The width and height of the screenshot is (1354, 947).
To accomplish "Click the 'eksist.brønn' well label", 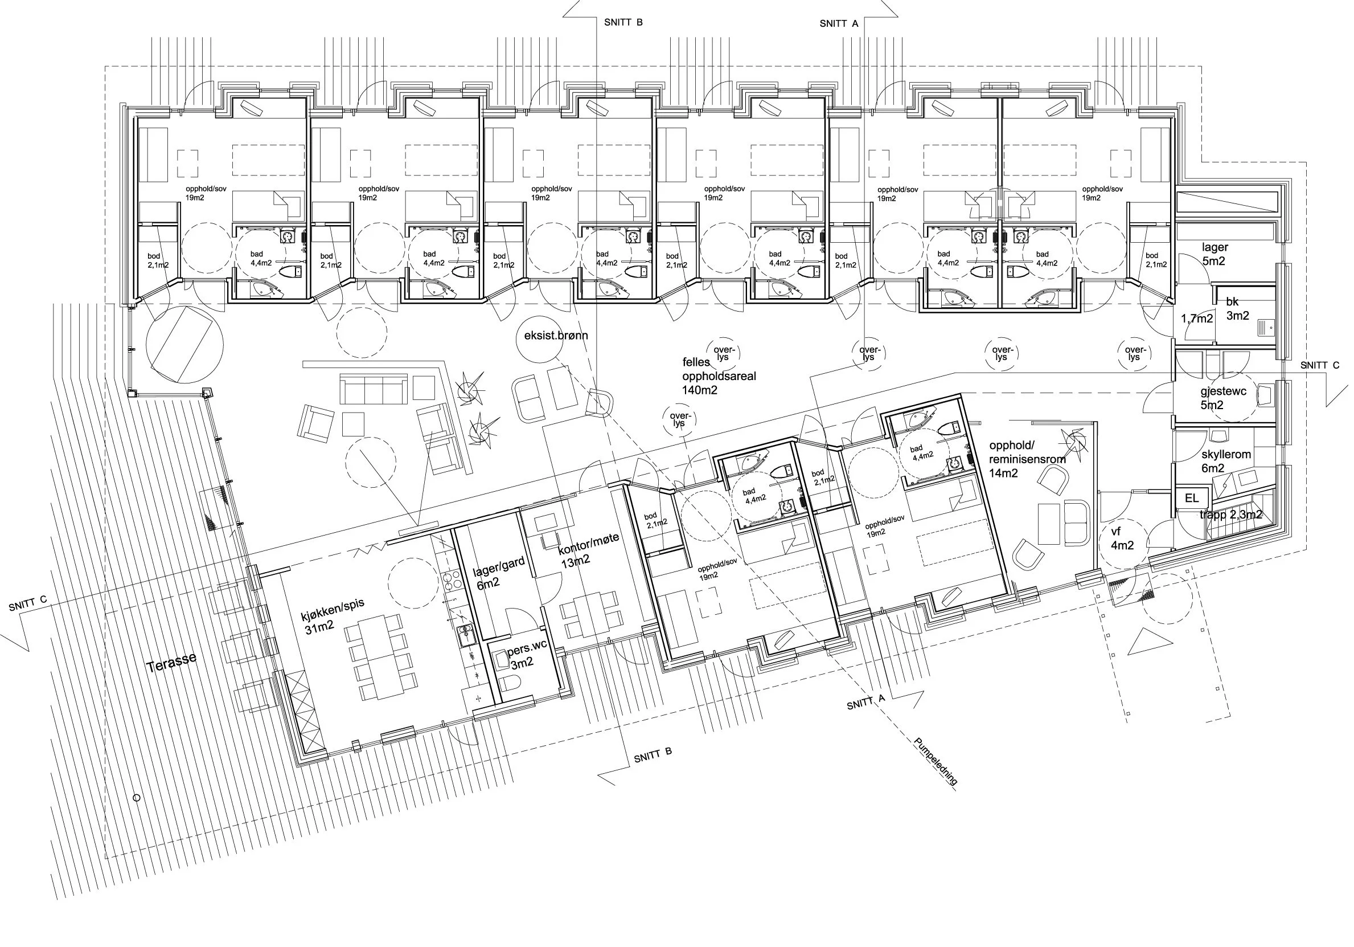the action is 556,336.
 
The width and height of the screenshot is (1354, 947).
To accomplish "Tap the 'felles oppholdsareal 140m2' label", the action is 719,376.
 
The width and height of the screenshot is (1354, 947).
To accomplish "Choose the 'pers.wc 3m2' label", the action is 527,655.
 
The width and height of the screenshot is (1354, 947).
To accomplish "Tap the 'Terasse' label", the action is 171,663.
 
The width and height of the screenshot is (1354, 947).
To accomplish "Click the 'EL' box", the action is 1191,498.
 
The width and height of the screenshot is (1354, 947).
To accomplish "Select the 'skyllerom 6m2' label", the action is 1226,462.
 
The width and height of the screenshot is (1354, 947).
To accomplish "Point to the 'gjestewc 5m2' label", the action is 1223,398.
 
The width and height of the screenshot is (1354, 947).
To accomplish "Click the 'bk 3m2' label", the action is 1237,309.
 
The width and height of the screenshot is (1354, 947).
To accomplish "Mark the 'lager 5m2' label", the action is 1215,254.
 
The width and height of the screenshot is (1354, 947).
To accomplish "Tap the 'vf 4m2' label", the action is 1122,538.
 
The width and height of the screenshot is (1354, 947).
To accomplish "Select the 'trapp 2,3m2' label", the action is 1231,515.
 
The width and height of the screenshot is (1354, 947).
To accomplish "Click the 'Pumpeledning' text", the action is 936,761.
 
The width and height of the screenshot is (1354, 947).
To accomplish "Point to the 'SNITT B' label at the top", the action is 623,22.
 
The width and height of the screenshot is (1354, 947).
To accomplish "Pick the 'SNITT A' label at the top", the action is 839,23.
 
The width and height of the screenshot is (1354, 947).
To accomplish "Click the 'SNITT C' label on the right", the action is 1320,365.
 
